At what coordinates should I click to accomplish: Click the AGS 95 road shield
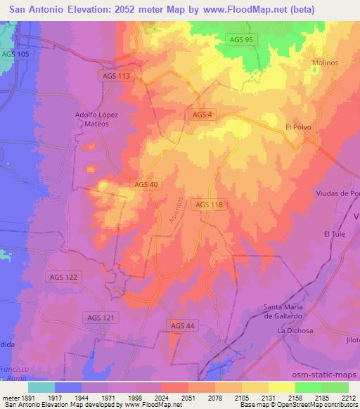pos(241,40)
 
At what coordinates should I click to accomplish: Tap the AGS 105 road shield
pos(15,54)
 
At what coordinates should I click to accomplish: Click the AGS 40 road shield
pos(146,184)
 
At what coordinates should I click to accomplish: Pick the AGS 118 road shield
pos(209,204)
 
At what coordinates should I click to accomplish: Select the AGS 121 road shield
pos(98,318)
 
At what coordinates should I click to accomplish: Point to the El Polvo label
pos(298,127)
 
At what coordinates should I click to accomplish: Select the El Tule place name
pos(334,234)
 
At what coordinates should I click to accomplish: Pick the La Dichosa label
pos(295,330)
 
